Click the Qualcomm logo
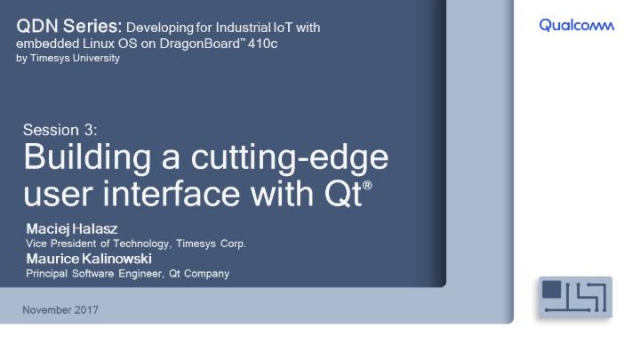[x=576, y=26]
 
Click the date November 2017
[x=60, y=310]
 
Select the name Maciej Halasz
[x=72, y=229]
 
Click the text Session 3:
[x=59, y=130]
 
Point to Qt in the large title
[x=342, y=193]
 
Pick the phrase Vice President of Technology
[x=95, y=244]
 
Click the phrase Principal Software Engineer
[x=92, y=274]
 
